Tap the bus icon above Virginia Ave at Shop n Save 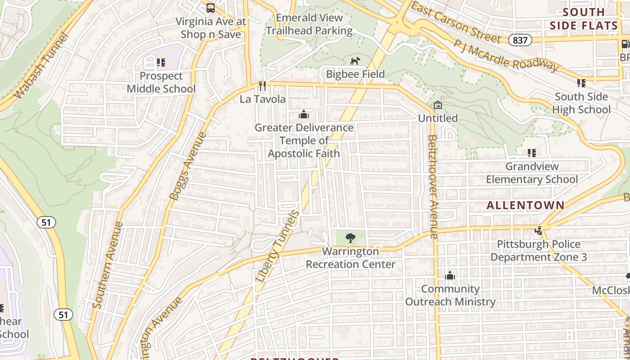(210, 8)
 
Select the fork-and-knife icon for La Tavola (262, 85)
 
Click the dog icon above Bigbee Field (355, 61)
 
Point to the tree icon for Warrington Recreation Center (350, 238)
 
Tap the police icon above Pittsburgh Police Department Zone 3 (538, 231)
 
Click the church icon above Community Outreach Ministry (450, 275)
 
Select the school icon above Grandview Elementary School (531, 153)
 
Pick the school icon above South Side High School (581, 83)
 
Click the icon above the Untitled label (437, 105)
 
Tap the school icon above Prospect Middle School (161, 63)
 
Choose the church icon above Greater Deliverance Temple (304, 114)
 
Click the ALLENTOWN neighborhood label (525, 205)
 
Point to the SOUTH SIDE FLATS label (584, 19)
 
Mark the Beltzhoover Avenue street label (432, 187)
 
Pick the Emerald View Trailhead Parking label (309, 24)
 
